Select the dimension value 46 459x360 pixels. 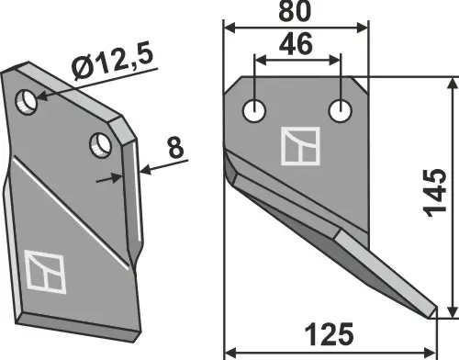[x=297, y=44]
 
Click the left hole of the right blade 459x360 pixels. [x=254, y=111]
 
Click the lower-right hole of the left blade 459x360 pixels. [x=101, y=143]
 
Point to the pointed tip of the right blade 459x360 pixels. [x=432, y=315]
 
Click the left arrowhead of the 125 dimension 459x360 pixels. [x=229, y=349]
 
